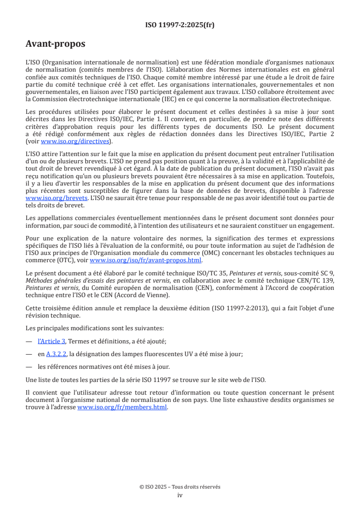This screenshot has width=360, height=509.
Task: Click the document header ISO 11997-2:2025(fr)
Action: tap(180, 25)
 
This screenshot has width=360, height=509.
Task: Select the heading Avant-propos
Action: tap(55, 44)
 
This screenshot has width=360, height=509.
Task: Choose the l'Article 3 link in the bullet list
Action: tap(51, 341)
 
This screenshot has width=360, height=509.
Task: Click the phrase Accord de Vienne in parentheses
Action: tap(144, 295)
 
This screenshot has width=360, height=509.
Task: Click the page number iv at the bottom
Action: tap(180, 495)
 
